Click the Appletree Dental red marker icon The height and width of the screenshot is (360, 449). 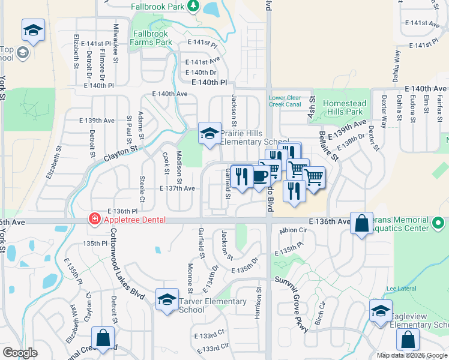click(94, 220)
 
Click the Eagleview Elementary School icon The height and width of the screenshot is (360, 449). click(380, 311)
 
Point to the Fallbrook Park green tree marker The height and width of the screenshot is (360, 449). click(193, 6)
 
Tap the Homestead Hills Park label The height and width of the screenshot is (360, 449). click(343, 107)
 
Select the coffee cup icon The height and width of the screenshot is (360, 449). click(260, 175)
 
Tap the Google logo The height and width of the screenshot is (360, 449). click(20, 353)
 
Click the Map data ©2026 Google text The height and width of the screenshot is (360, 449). click(412, 355)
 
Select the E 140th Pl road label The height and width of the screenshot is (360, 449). click(209, 82)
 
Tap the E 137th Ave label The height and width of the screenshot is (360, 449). click(177, 188)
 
